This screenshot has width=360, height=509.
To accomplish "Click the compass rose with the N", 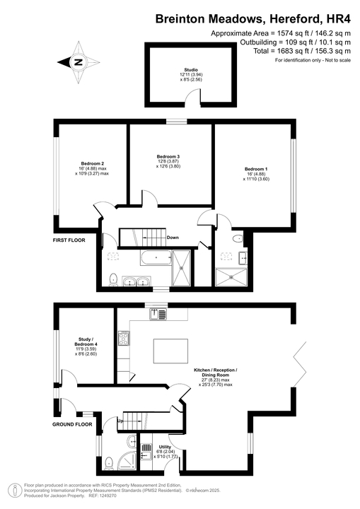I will pos(78,62).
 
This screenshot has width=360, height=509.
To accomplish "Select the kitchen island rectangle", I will pos(170,350).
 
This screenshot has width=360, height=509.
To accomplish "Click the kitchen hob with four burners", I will pos(122,339).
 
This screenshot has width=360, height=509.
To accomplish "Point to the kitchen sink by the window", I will pos(156,314).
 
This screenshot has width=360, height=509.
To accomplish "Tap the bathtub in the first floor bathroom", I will pos(155,259).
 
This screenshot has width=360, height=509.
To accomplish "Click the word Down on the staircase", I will pos(173,238).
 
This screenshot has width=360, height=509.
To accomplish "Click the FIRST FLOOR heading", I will pos(69,240).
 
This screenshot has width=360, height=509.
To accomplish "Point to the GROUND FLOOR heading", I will pos(73,425).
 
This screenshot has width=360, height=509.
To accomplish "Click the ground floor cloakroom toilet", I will pos(108,463).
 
